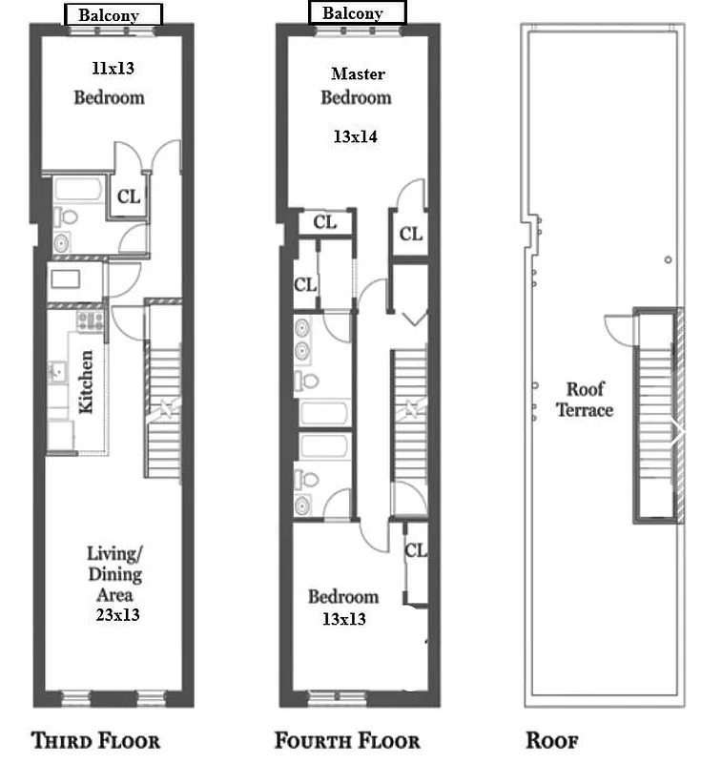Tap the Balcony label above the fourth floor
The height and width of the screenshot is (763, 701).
tap(353, 13)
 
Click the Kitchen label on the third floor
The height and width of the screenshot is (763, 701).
tap(86, 381)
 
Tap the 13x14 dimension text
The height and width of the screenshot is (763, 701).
tap(355, 136)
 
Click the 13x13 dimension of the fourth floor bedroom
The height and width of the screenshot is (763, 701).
tap(343, 619)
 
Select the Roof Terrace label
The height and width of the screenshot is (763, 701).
tap(586, 400)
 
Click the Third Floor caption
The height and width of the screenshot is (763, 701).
tap(95, 741)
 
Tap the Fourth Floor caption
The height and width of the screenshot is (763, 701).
tap(347, 741)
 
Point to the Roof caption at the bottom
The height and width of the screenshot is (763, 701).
tap(552, 741)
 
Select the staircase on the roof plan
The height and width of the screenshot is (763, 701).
tap(657, 415)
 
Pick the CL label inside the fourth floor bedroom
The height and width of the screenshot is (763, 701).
tap(415, 551)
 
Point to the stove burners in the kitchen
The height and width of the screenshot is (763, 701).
tap(91, 320)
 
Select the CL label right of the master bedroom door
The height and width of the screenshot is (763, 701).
tap(410, 233)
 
